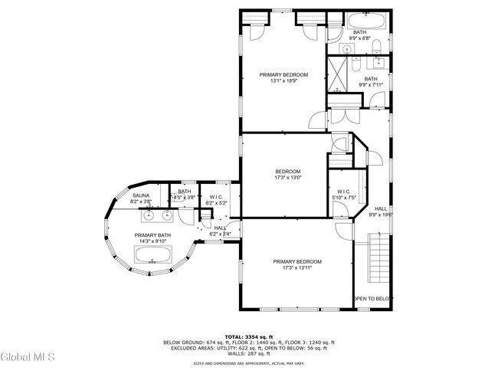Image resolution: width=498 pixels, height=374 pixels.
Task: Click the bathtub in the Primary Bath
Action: [x=153, y=254]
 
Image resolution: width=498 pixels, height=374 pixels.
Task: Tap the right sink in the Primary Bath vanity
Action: [x=165, y=215]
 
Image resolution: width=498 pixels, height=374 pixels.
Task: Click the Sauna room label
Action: [x=140, y=196]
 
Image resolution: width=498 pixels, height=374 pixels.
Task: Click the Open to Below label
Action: [x=373, y=299]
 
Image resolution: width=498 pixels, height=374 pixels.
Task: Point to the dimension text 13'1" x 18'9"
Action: [x=283, y=81]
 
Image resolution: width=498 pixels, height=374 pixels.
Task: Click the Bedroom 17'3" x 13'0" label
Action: [x=288, y=174]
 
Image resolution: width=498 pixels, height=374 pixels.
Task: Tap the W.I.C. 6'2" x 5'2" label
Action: [x=216, y=200]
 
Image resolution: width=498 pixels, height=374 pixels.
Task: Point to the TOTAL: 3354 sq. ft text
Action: [x=248, y=336]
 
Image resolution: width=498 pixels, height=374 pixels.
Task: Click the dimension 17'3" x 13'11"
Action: [x=297, y=268]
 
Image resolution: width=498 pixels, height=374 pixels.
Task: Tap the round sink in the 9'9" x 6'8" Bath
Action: [x=346, y=48]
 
